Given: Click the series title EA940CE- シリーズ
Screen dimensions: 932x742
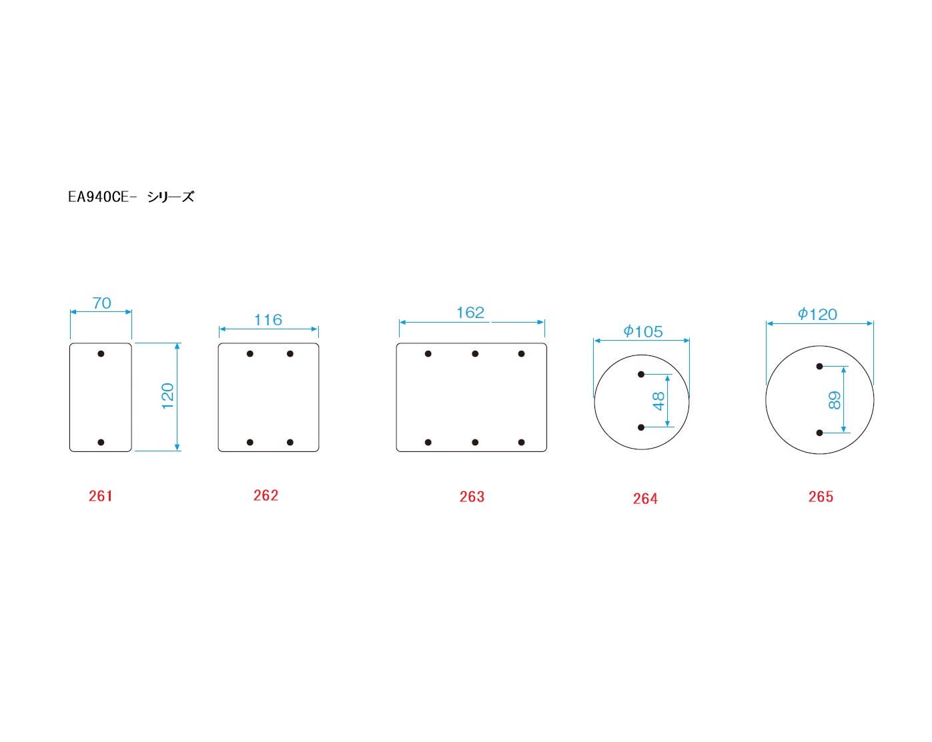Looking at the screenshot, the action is (131, 197).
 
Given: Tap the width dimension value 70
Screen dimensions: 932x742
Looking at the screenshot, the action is (102, 303).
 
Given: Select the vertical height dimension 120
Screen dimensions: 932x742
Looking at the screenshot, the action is (167, 396).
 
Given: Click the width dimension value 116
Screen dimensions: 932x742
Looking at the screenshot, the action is (268, 320).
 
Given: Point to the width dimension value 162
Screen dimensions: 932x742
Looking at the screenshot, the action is (470, 313).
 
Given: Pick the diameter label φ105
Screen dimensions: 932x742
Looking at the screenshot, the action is (643, 331).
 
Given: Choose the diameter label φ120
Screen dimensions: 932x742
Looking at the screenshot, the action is (818, 314).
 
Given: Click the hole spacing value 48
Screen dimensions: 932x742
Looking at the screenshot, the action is (658, 401).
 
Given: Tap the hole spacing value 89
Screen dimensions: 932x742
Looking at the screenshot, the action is (835, 401).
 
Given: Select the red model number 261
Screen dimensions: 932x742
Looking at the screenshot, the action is (101, 496).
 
